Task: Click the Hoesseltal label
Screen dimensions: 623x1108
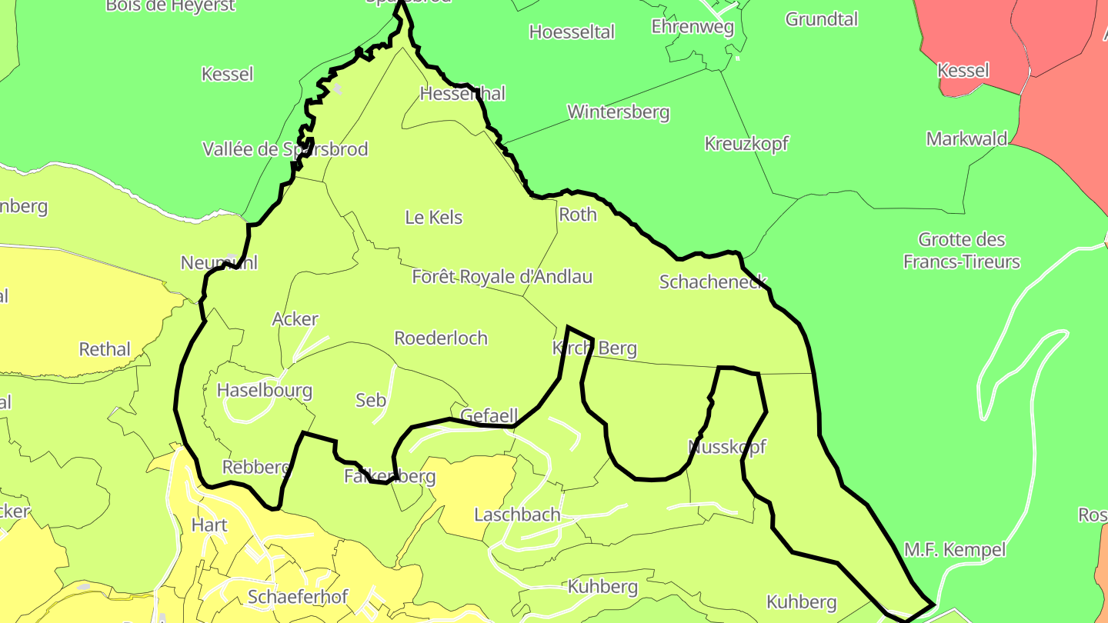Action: pyautogui.click(x=572, y=32)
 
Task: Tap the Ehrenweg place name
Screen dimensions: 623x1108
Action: pyautogui.click(x=692, y=26)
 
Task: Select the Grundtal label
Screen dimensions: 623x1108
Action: pyautogui.click(x=821, y=19)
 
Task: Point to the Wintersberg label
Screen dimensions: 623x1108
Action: pyautogui.click(x=618, y=112)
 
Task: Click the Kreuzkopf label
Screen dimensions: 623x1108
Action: pyautogui.click(x=746, y=144)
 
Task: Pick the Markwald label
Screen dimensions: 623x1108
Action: pyautogui.click(x=966, y=139)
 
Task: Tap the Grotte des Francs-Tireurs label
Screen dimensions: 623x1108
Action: pyautogui.click(x=961, y=251)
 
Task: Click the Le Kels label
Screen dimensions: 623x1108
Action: pyautogui.click(x=434, y=218)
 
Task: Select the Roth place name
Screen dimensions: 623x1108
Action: pyautogui.click(x=577, y=215)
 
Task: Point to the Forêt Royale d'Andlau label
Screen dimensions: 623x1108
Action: pyautogui.click(x=502, y=277)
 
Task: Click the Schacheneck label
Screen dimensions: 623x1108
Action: pyautogui.click(x=713, y=282)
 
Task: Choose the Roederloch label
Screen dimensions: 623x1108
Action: pyautogui.click(x=440, y=338)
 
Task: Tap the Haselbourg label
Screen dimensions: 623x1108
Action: pyautogui.click(x=264, y=391)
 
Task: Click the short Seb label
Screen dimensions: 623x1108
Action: pyautogui.click(x=370, y=400)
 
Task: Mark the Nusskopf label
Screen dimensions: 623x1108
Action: pyautogui.click(x=727, y=447)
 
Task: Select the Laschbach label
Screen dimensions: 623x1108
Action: pyautogui.click(x=517, y=515)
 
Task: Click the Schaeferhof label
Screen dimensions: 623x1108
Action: pyautogui.click(x=298, y=597)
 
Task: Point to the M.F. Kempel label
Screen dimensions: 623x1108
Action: pyautogui.click(x=954, y=550)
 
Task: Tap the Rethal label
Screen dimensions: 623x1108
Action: pyautogui.click(x=105, y=349)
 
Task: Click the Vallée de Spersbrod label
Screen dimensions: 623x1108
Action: pyautogui.click(x=285, y=149)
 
